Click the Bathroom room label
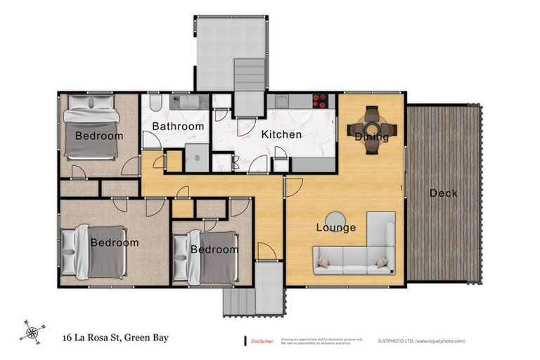178,127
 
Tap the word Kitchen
281,134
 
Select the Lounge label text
335,227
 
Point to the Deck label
444,193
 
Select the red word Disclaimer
263,341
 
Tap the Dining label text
371,136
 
